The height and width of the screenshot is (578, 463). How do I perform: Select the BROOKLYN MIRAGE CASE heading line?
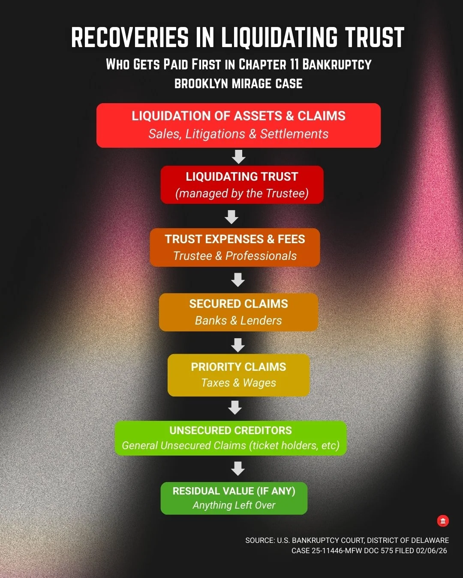click(238, 83)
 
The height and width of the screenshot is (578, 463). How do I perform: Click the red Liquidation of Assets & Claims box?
click(238, 125)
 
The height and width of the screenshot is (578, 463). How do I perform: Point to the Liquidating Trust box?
click(242, 185)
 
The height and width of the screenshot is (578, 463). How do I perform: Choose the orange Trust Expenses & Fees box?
click(235, 247)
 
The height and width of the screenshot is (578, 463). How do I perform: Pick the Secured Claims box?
click(238, 312)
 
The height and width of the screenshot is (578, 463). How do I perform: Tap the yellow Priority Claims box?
click(238, 375)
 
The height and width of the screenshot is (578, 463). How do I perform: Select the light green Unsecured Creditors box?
click(231, 438)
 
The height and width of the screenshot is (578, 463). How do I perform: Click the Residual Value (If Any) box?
click(234, 498)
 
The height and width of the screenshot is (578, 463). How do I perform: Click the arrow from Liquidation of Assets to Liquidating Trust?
click(238, 157)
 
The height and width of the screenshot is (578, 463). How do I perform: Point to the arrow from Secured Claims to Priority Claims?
click(238, 345)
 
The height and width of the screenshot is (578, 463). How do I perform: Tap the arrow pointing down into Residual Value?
click(238, 468)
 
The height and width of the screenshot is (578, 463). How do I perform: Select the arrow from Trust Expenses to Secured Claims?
click(238, 280)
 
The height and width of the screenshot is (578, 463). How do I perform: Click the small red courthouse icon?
click(443, 521)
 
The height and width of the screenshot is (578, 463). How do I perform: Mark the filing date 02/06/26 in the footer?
click(431, 551)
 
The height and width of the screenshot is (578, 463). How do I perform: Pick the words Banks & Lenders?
click(238, 320)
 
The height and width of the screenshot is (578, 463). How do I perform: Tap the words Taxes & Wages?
click(238, 383)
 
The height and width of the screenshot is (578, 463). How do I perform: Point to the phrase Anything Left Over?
click(234, 505)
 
